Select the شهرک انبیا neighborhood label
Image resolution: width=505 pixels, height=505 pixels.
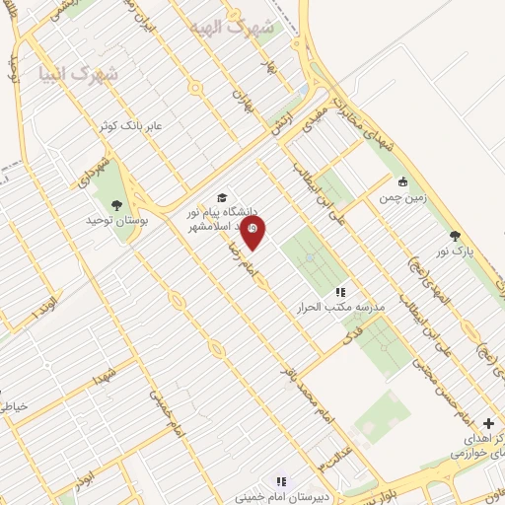(x=78, y=74)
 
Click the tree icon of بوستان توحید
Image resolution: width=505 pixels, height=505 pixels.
(x=116, y=205)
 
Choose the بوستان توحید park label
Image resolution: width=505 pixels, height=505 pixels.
(x=116, y=222)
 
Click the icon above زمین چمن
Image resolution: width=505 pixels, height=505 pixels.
(x=402, y=181)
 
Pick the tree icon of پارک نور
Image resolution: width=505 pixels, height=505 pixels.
(x=455, y=235)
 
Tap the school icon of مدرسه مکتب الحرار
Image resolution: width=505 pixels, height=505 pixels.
(x=340, y=292)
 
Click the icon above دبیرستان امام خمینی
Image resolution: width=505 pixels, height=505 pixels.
(x=281, y=481)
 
